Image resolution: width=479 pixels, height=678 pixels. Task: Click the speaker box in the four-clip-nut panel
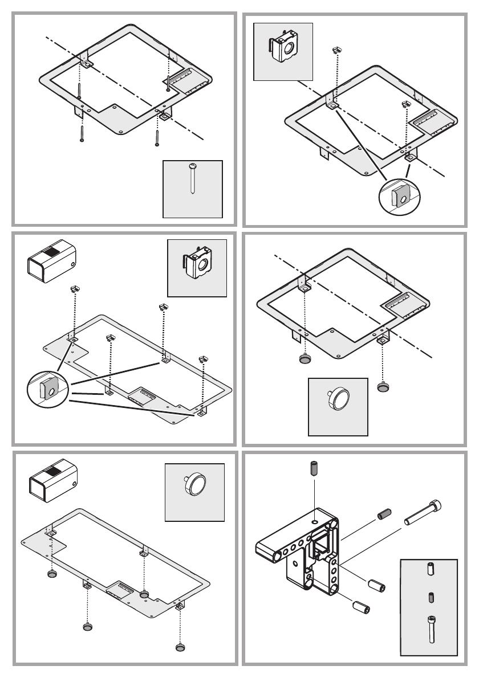[x=53, y=261]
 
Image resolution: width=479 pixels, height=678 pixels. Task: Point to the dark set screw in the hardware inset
[x=430, y=598]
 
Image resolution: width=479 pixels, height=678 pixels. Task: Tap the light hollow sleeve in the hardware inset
[x=430, y=570]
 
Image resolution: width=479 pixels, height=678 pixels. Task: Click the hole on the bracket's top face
[x=315, y=521]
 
